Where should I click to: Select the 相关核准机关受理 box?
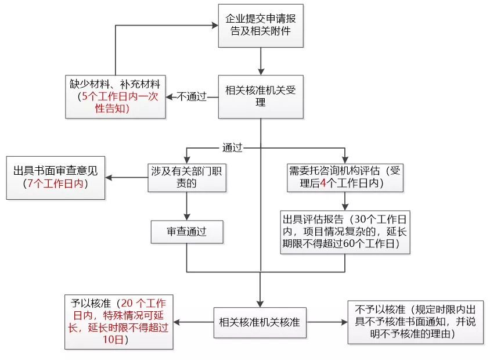point(261,96)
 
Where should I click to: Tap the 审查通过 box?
point(186,232)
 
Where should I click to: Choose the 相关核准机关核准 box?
point(260,322)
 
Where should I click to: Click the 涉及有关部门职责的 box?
point(186,177)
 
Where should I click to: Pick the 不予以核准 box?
point(415,322)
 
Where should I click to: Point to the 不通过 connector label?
point(192,97)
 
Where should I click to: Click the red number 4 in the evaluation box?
point(323,184)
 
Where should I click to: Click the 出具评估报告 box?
point(345,232)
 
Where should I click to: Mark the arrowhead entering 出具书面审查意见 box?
point(109,177)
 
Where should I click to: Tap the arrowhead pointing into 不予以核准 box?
point(344,322)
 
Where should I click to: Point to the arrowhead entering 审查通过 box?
point(186,216)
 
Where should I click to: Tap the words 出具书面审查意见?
point(56,171)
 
